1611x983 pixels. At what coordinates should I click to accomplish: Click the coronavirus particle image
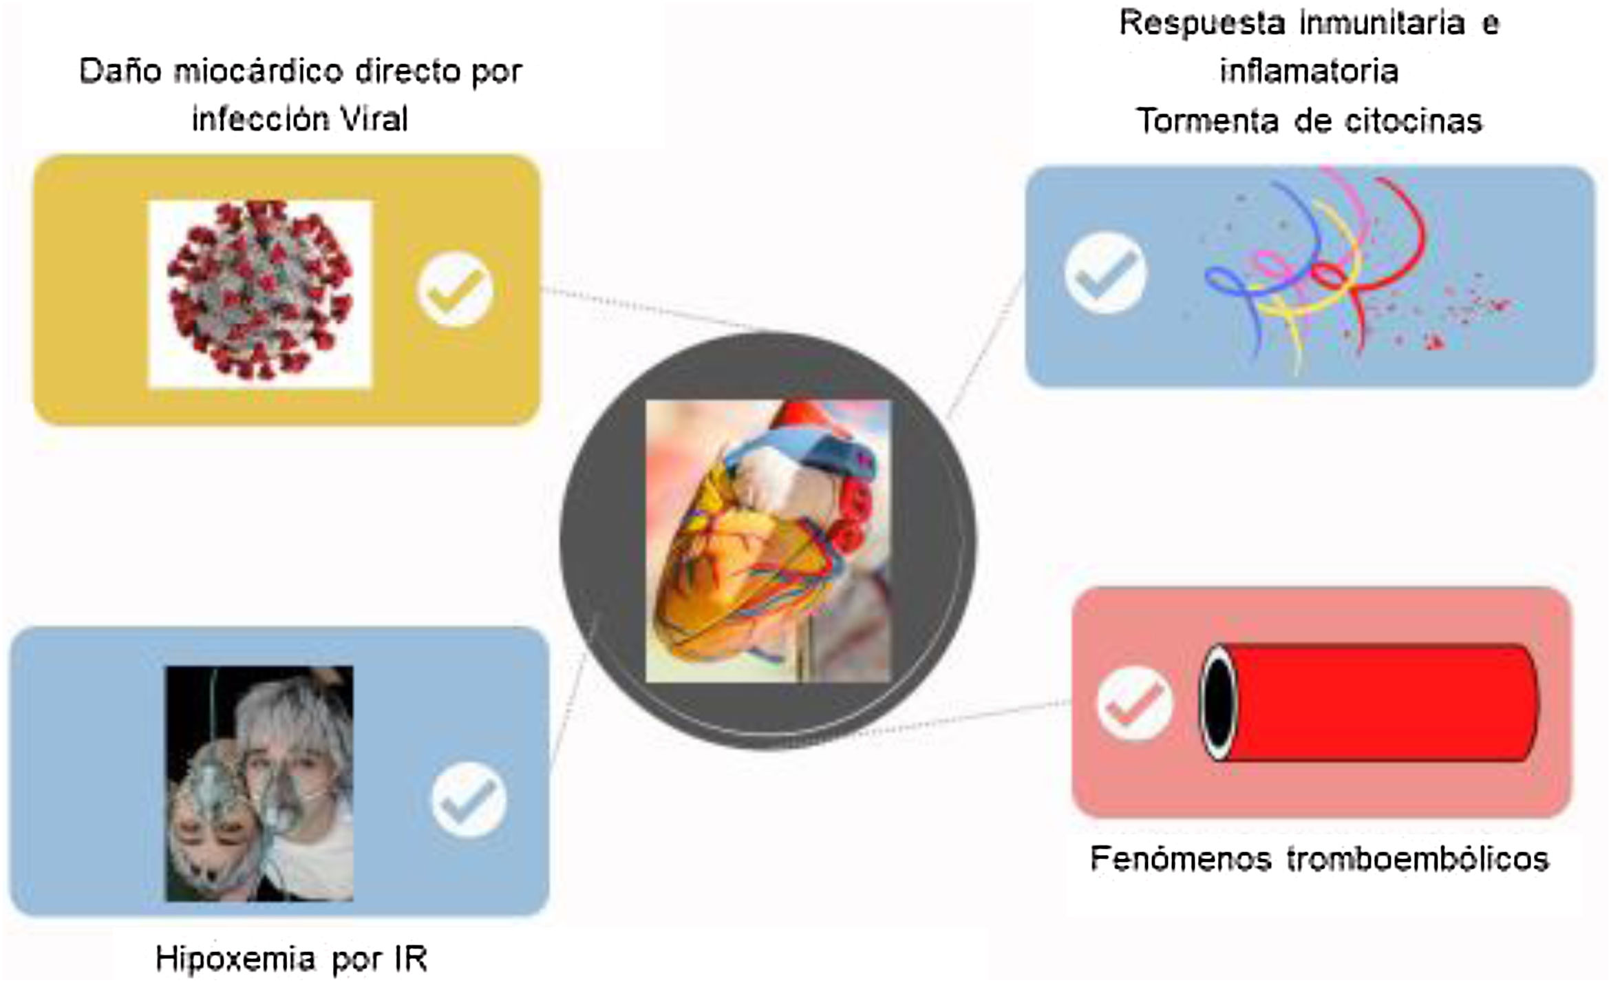coord(259,293)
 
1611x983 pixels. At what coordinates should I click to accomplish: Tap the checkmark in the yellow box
coord(455,289)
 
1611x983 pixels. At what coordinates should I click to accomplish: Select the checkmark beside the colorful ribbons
coord(1105,273)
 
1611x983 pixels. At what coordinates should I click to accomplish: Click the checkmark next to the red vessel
coord(1134,703)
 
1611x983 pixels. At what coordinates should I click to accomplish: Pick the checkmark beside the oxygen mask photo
coord(469,799)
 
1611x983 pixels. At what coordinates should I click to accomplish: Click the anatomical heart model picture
coord(767,541)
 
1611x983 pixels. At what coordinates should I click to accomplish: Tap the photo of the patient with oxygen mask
coord(259,783)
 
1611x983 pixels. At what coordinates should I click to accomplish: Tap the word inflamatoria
coord(1309,72)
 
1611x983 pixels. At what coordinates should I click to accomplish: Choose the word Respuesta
coord(1202,23)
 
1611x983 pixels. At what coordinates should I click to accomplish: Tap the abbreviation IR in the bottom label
coord(411,959)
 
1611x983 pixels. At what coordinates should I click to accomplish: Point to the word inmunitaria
coord(1382,23)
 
